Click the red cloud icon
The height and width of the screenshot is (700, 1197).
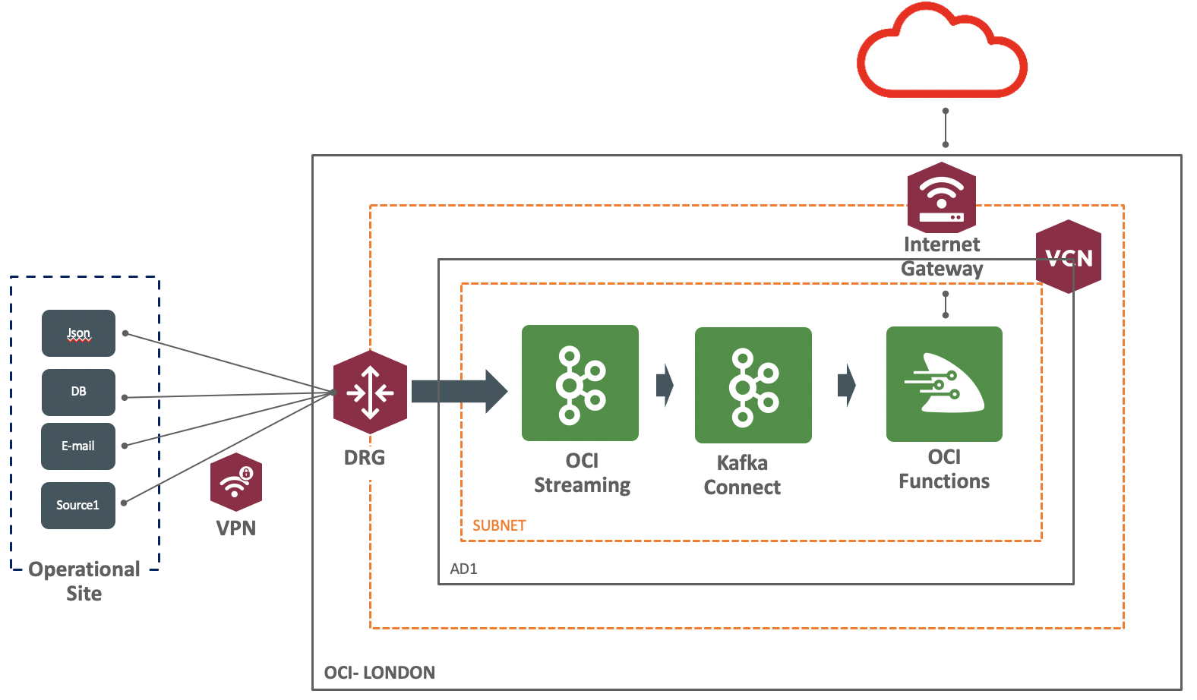[x=942, y=53]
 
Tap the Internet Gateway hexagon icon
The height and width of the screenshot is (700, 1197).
[x=942, y=197]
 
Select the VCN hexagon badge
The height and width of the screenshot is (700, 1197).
[x=1069, y=257]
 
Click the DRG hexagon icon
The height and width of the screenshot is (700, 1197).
[x=370, y=393]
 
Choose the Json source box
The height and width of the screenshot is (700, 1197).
[x=78, y=333]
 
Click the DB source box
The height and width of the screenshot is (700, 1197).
[x=78, y=392]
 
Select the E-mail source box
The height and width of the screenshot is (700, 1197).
[x=78, y=446]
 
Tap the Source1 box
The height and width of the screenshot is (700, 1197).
[x=78, y=505]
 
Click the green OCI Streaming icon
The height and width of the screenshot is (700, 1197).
[x=580, y=383]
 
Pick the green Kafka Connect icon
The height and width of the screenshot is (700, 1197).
[x=753, y=385]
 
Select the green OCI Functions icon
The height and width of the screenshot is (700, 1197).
[x=944, y=384]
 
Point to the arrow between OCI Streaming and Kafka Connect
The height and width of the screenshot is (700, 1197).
[x=665, y=385]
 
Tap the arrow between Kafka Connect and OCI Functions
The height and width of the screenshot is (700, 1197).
[x=846, y=385]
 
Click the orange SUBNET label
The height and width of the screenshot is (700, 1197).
[x=499, y=525]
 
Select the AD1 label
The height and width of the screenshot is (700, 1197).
[x=463, y=569]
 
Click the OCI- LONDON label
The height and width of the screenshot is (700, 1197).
[x=379, y=673]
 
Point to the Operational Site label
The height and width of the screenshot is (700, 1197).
[x=84, y=581]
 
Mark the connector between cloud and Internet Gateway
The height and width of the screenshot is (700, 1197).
[x=946, y=128]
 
